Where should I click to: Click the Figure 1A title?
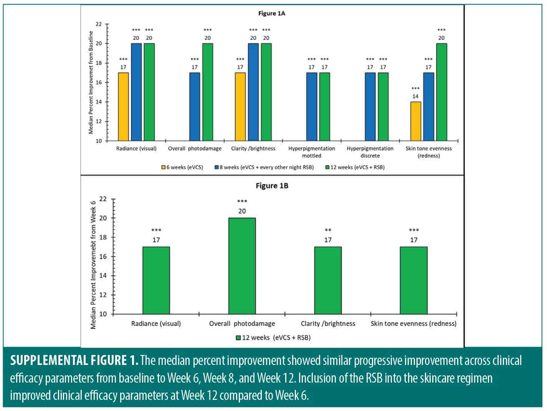tap(271, 13)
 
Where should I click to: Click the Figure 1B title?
tap(272, 186)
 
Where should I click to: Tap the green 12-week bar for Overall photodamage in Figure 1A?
tap(208, 92)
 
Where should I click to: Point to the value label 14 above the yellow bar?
tap(415, 96)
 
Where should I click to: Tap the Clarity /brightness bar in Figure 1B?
tap(328, 281)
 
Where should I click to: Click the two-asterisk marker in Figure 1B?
tap(328, 230)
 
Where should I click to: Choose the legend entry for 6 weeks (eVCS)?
tap(182, 167)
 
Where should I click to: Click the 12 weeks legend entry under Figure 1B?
tap(273, 338)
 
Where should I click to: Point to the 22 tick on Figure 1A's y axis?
tap(99, 24)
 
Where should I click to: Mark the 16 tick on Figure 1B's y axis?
tap(102, 256)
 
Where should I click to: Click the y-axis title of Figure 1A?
tap(91, 82)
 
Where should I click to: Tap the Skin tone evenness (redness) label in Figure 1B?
tap(413, 324)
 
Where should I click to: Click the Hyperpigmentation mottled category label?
tap(312, 152)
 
